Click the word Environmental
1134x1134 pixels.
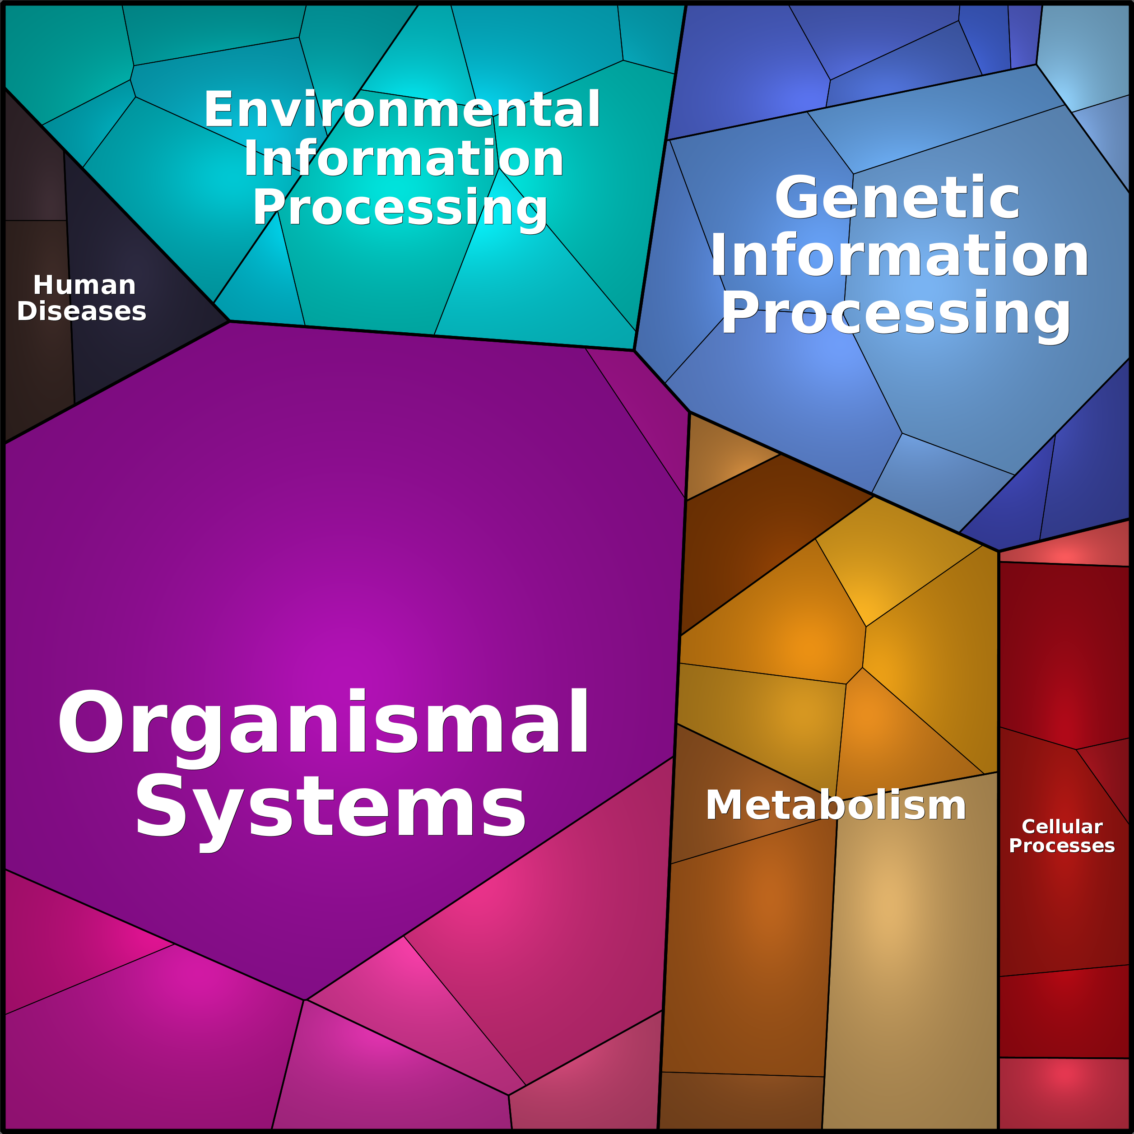(x=402, y=109)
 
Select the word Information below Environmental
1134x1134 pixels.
(x=404, y=158)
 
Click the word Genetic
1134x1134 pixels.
(x=897, y=198)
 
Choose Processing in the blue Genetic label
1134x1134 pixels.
(x=896, y=315)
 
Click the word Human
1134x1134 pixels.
(x=84, y=285)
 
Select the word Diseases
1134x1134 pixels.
(x=82, y=311)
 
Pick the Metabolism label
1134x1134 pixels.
(x=836, y=805)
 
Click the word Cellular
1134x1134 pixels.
(x=1062, y=827)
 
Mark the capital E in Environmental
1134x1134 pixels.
(x=219, y=109)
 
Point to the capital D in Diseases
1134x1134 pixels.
(x=27, y=311)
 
